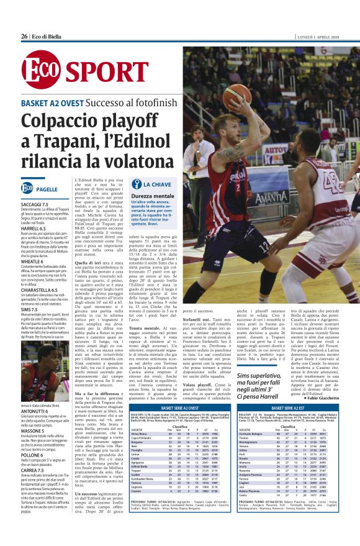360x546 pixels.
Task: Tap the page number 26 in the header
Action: point(24,36)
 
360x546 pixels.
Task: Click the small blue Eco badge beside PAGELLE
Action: point(27,188)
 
